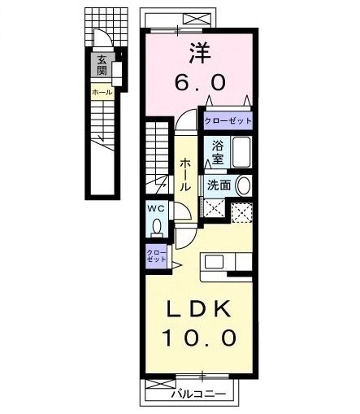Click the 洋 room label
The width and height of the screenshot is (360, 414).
201,54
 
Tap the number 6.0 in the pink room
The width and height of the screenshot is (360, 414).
201,82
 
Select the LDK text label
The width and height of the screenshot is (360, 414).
200,310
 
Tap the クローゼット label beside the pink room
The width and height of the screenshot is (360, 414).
228,120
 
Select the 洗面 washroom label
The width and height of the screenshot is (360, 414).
219,185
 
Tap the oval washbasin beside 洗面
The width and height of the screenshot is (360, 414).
243,185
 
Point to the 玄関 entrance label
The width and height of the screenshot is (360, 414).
102,64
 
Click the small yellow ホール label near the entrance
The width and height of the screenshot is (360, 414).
102,93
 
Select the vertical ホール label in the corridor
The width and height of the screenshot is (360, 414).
185,174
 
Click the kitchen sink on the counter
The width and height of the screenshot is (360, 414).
214,262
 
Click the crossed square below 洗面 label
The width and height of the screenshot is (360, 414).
215,208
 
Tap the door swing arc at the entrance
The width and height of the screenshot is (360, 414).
99,39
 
